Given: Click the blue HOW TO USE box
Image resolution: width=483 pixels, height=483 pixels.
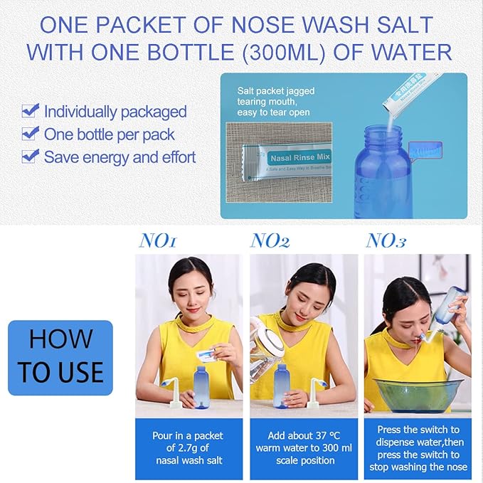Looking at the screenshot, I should tap(60, 358).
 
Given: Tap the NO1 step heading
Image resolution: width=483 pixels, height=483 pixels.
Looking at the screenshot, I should tap(158, 240).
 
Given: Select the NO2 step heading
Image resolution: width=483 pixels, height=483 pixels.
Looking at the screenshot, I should tap(270, 240).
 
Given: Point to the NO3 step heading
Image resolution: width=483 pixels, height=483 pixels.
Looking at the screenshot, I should tap(386, 240).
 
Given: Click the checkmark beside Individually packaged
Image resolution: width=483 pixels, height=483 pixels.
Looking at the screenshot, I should tap(31, 110).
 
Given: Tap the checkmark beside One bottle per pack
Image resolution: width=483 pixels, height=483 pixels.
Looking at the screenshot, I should tap(31, 133).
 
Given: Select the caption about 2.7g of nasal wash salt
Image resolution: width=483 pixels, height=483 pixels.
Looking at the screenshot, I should tap(188, 447).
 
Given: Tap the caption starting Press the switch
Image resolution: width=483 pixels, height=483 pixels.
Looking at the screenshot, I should tap(417, 448).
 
